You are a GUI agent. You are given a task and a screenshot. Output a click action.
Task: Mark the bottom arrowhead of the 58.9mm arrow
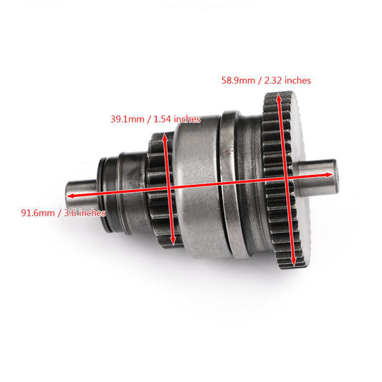[292, 260]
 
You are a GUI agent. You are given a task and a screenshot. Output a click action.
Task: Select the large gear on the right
[283, 179]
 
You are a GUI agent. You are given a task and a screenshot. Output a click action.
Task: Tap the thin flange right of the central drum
[229, 183]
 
